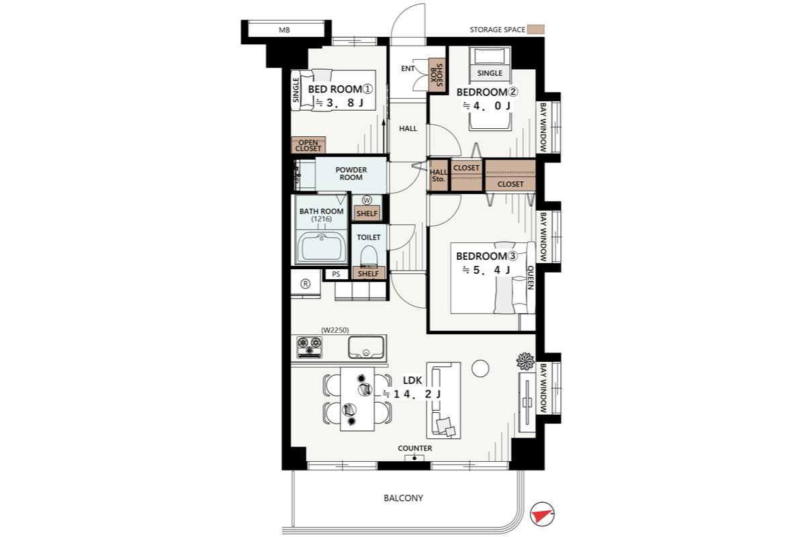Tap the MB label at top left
coord(284,30)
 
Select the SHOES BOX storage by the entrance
coord(437,75)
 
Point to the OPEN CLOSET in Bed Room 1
coord(308,145)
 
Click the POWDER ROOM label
coord(351,174)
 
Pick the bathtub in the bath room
coord(321,248)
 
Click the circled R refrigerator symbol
coord(306,284)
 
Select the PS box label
coord(336,274)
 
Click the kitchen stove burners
coord(310,347)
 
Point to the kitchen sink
coord(366,348)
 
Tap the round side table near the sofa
coord(480,369)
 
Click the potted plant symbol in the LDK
coord(525,361)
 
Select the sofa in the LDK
coord(444,400)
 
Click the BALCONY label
coord(404,498)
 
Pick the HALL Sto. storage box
coord(438,175)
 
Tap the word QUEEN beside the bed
coord(531,277)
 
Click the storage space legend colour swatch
coord(536,30)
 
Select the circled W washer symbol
coord(367,200)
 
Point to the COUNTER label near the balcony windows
coord(415,448)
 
